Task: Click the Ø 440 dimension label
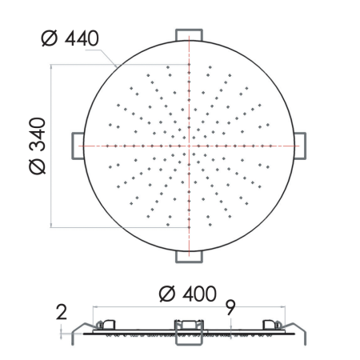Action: point(73,37)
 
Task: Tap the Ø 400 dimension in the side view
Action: point(187,294)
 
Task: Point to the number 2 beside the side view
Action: point(62,312)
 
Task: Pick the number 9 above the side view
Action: point(230,306)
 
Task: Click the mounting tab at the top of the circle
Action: point(189,32)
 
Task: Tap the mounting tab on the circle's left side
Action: point(77,146)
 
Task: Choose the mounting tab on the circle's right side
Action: point(301,146)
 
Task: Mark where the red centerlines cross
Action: point(189,146)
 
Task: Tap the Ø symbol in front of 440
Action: point(48,37)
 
